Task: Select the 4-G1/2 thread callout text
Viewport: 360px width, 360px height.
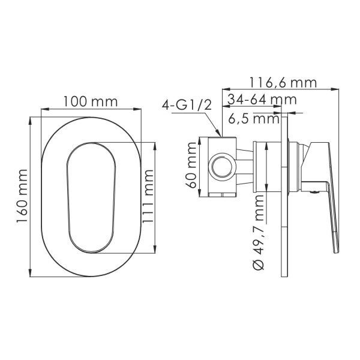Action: click(x=187, y=106)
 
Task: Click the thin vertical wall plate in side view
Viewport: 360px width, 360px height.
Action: click(x=282, y=198)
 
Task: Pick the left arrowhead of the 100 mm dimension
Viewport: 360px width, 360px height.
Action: click(x=43, y=110)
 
